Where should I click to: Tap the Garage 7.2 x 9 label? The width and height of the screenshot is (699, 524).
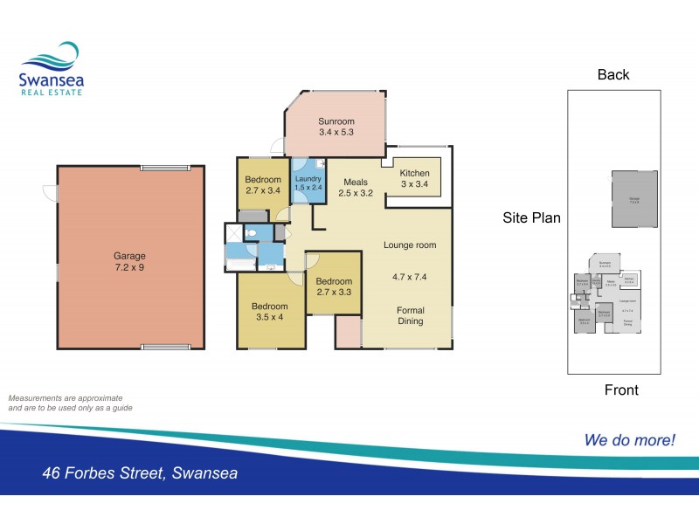[129, 261]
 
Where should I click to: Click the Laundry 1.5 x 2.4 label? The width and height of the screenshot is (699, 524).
[308, 183]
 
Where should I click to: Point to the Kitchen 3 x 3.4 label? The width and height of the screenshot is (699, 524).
[415, 178]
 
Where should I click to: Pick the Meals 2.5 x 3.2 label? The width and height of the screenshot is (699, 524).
[356, 188]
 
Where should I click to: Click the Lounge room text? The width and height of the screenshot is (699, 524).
[409, 245]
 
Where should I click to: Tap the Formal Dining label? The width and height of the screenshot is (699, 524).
[410, 315]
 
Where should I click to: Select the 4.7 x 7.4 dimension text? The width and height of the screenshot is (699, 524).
[410, 277]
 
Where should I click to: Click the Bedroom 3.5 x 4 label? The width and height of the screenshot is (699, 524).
[269, 312]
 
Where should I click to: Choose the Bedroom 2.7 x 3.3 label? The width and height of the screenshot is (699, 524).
[334, 287]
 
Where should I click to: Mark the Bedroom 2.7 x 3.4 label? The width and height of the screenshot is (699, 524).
[263, 184]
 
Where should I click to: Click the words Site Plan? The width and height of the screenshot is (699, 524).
[531, 217]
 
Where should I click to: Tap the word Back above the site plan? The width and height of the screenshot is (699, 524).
[613, 74]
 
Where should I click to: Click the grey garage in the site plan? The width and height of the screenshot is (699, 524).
[633, 200]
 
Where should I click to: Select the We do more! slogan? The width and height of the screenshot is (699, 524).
[629, 440]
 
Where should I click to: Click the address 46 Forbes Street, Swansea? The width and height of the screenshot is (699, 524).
[140, 474]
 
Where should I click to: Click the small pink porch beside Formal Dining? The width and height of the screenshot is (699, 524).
[348, 332]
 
